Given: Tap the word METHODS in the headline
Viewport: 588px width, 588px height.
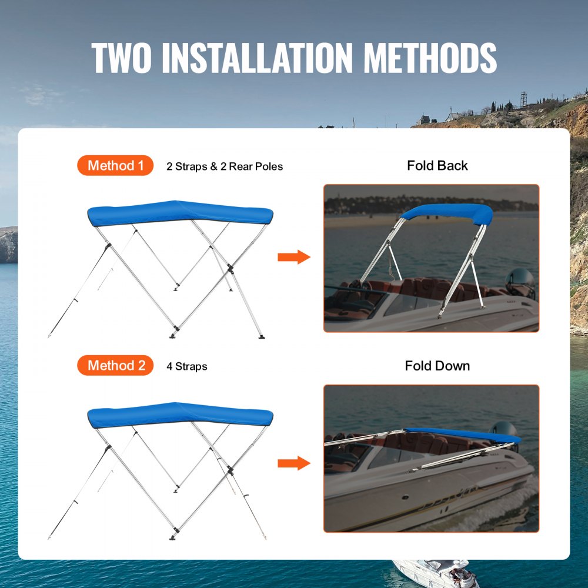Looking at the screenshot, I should [430, 57].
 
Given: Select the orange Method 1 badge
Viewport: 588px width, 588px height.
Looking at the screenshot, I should [115, 166].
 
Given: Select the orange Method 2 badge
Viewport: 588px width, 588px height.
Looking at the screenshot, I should [115, 366].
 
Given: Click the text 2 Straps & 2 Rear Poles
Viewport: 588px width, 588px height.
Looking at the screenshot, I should [225, 166].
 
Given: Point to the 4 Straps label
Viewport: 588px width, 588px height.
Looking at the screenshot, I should [187, 366].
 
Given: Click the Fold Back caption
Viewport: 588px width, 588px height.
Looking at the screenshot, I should [437, 166].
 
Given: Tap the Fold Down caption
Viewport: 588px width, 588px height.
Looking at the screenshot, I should [437, 366].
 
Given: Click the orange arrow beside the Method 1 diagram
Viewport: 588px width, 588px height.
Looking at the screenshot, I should [293, 257].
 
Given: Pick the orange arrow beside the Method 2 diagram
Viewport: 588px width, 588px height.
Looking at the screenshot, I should [293, 463].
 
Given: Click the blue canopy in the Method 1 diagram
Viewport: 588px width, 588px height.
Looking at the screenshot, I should [180, 213].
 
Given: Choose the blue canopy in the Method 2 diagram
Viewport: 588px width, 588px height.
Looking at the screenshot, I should [180, 415].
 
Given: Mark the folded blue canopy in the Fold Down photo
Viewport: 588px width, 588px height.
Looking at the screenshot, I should [465, 435].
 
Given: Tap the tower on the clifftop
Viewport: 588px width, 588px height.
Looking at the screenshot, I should [523, 99].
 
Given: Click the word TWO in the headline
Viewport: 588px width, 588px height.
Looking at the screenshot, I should [122, 57].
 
